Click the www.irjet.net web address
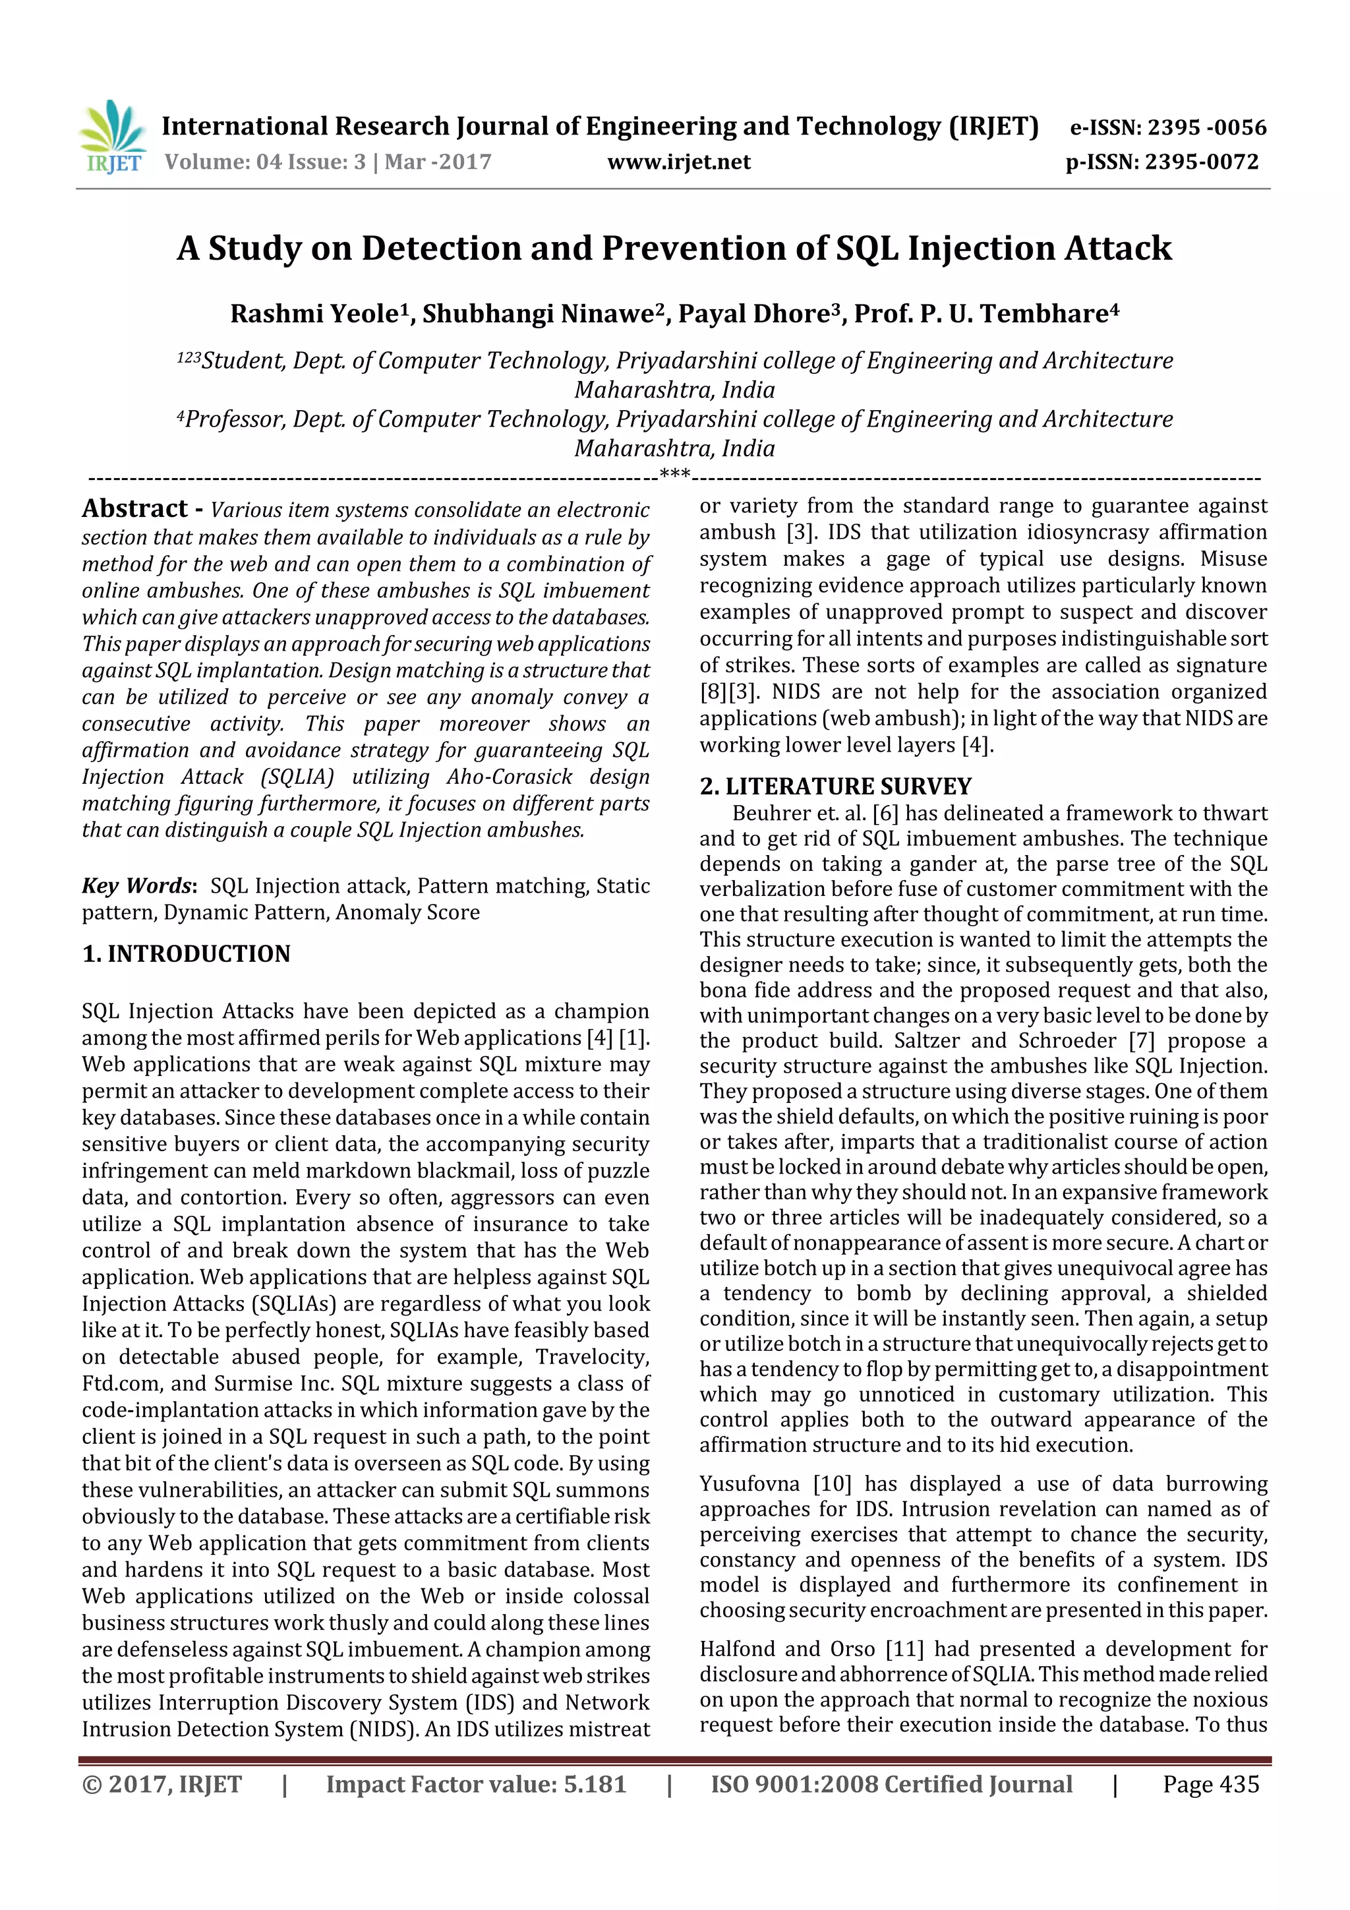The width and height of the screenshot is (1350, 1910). click(679, 162)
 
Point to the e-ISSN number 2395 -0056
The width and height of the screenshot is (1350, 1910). click(1206, 127)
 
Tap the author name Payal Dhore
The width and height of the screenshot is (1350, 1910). click(753, 314)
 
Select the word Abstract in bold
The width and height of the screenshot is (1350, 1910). click(134, 508)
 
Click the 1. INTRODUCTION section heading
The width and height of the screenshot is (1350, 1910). click(187, 953)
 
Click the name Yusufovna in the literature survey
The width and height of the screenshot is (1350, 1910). click(750, 1484)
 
